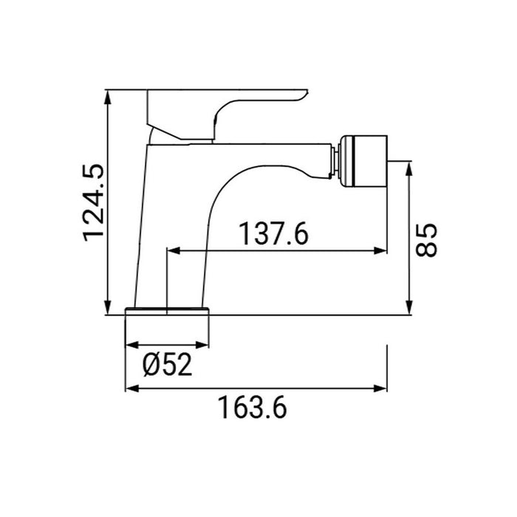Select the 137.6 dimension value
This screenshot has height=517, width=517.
(x=273, y=235)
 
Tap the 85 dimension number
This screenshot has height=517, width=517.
(x=428, y=239)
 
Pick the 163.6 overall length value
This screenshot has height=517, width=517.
(x=252, y=408)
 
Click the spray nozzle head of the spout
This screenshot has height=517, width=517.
(x=365, y=157)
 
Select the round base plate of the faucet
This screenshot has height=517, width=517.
(x=168, y=310)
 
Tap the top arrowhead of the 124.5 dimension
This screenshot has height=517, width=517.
(x=109, y=96)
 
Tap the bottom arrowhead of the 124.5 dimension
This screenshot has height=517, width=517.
(x=109, y=309)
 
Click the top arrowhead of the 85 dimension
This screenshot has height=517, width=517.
(x=408, y=168)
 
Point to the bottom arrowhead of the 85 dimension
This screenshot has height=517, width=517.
(x=408, y=309)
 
